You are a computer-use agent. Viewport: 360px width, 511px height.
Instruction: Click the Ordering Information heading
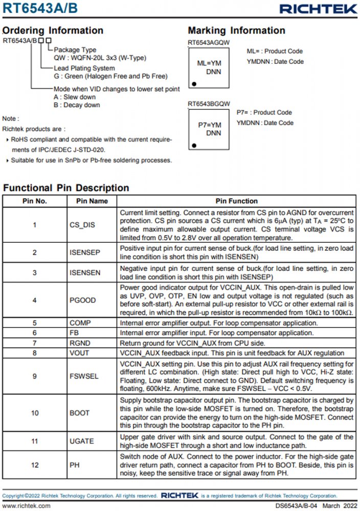pyautogui.click(x=53, y=30)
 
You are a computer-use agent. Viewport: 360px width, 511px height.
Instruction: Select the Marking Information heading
pyautogui.click(x=236, y=30)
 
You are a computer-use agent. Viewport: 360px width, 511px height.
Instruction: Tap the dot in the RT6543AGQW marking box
pyautogui.click(x=194, y=83)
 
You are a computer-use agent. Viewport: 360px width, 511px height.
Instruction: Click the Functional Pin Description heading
pyautogui.click(x=66, y=188)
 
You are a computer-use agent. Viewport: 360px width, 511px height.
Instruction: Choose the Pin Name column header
pyautogui.click(x=92, y=201)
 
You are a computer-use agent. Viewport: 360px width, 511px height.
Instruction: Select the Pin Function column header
pyautogui.click(x=236, y=201)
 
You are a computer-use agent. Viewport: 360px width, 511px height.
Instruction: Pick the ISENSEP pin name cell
pyautogui.click(x=85, y=252)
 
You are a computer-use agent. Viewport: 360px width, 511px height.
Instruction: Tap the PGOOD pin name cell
pyautogui.click(x=82, y=300)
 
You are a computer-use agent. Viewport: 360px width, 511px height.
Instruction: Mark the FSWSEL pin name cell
pyautogui.click(x=84, y=376)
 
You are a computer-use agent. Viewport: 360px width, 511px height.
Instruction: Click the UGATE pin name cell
pyautogui.click(x=82, y=440)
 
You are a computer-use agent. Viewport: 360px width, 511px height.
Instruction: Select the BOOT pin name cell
pyautogui.click(x=79, y=413)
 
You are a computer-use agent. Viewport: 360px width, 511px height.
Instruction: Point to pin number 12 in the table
pyautogui.click(x=34, y=464)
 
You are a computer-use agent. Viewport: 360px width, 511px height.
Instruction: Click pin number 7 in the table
pyautogui.click(x=34, y=343)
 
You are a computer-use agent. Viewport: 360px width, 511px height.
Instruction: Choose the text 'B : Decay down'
pyautogui.click(x=77, y=105)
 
